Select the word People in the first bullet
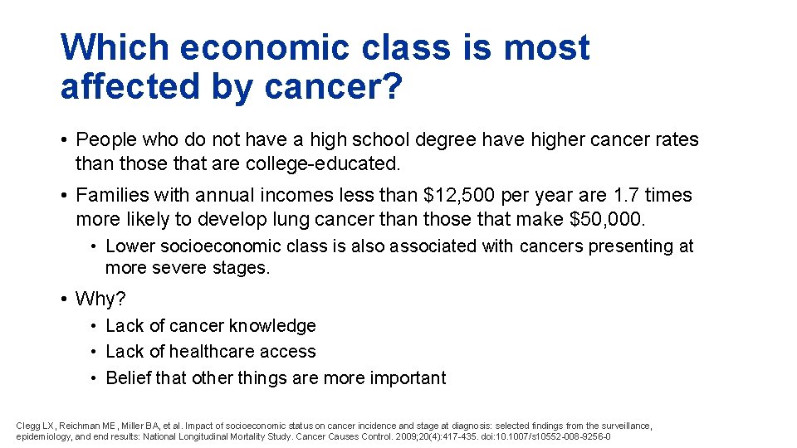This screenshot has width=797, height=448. coord(105,139)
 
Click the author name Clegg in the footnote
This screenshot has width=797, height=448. coord(27,426)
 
